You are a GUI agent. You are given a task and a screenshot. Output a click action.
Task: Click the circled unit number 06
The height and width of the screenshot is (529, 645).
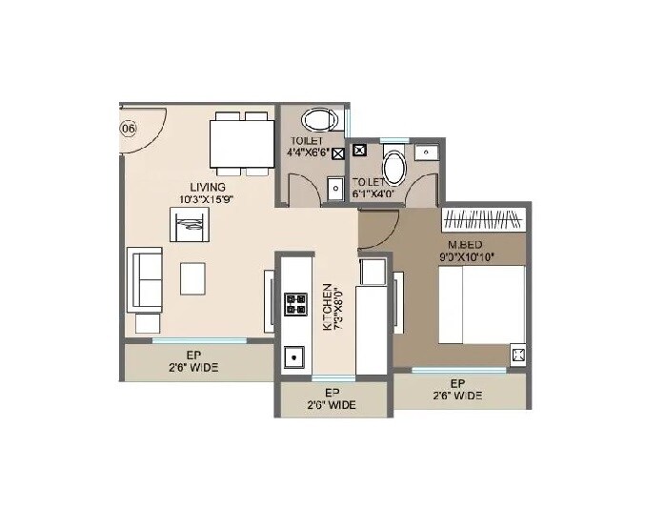(x=128, y=128)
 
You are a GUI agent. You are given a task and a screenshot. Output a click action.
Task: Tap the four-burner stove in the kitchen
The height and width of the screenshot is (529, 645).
(x=295, y=303)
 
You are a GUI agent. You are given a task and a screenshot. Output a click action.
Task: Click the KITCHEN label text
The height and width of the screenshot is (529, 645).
(x=328, y=306)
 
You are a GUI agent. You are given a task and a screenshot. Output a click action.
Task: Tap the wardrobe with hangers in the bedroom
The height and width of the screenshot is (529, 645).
(x=485, y=219)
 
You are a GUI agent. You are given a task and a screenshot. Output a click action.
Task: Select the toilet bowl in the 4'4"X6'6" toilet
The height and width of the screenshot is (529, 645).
(x=317, y=121)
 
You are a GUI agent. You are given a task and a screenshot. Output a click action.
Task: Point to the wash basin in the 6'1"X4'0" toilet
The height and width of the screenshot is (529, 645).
(x=426, y=152)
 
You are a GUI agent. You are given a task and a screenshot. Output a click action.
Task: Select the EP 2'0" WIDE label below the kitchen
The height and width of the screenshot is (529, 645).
(x=333, y=398)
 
